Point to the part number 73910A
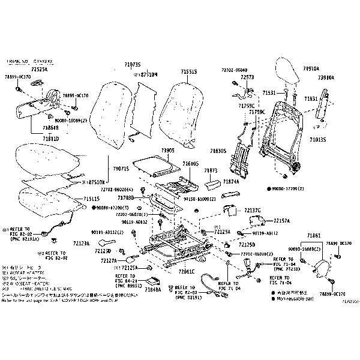pyautogui.click(x=326, y=78)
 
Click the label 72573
pyautogui.click(x=247, y=77)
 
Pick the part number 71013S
pyautogui.click(x=319, y=139)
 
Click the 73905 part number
pyautogui.click(x=167, y=150)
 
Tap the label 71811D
pyautogui.click(x=51, y=139)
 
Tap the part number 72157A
pyautogui.click(x=281, y=220)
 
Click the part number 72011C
pyautogui.click(x=187, y=271)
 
